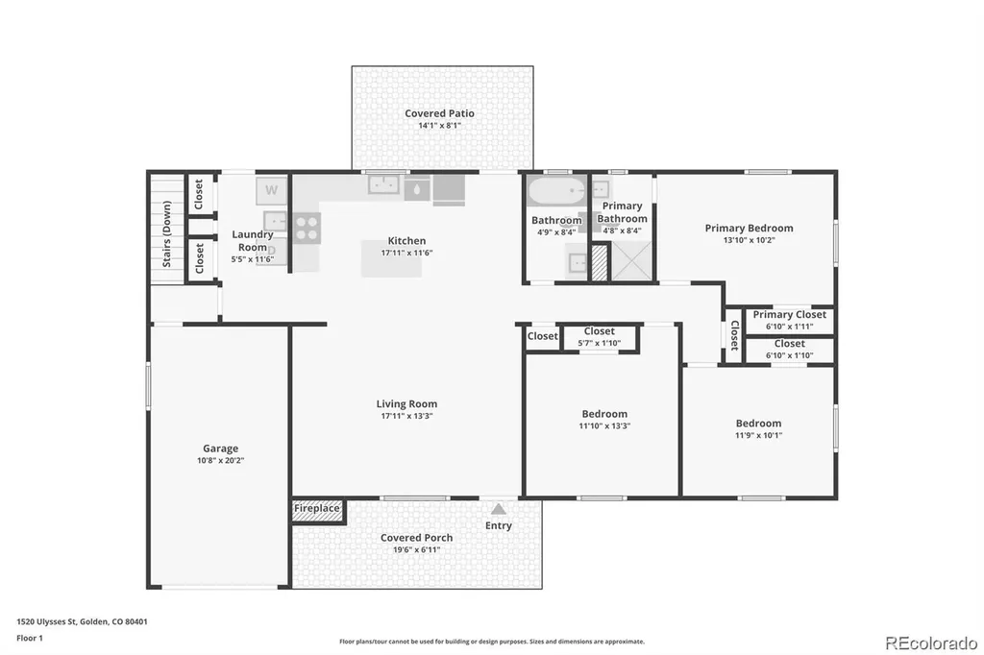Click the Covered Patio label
click(439, 113)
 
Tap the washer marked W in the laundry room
click(271, 190)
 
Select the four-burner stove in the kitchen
click(307, 228)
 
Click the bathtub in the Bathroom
click(556, 191)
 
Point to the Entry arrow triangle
click(499, 509)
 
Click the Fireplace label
click(317, 508)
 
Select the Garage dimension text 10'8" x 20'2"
click(220, 460)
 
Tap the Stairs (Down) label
click(167, 234)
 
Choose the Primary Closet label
click(790, 314)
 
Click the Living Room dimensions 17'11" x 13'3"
click(406, 416)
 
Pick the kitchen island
click(391, 258)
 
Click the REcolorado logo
click(931, 643)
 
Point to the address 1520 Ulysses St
click(46, 621)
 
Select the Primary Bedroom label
click(749, 229)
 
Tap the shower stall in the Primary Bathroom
click(632, 261)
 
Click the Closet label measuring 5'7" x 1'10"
click(600, 331)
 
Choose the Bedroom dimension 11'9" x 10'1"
click(759, 435)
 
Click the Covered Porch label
click(417, 538)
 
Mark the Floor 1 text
click(30, 638)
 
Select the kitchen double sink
click(384, 185)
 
